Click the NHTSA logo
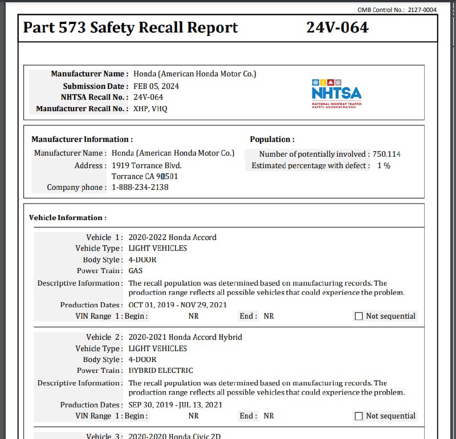pyautogui.click(x=336, y=93)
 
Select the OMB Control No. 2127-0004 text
pyautogui.click(x=397, y=10)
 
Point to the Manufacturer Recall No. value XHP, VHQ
pyautogui.click(x=150, y=108)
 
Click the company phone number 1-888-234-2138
pyautogui.click(x=140, y=187)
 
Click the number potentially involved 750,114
pyautogui.click(x=386, y=154)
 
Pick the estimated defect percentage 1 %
pyautogui.click(x=384, y=165)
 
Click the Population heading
pyautogui.click(x=272, y=139)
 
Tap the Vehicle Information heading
pyautogui.click(x=68, y=218)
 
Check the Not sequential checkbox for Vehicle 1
pyautogui.click(x=359, y=316)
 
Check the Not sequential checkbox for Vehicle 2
pyautogui.click(x=359, y=416)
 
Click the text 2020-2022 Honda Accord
pyautogui.click(x=172, y=237)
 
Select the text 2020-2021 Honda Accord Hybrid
pyautogui.click(x=185, y=337)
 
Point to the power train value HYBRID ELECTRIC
pyautogui.click(x=161, y=371)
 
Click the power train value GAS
pyautogui.click(x=136, y=271)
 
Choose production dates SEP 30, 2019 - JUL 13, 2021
pyautogui.click(x=175, y=405)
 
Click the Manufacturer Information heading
pyautogui.click(x=82, y=139)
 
